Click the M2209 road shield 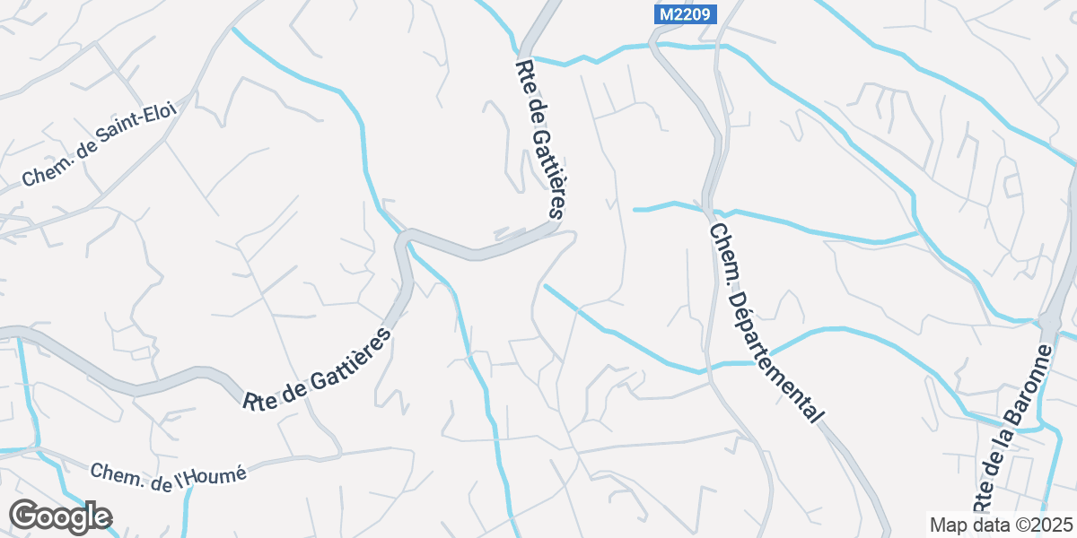point(679,14)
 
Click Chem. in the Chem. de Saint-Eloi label point(41,175)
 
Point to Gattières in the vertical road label point(547,171)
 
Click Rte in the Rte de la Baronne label point(983,502)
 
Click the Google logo point(60,516)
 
